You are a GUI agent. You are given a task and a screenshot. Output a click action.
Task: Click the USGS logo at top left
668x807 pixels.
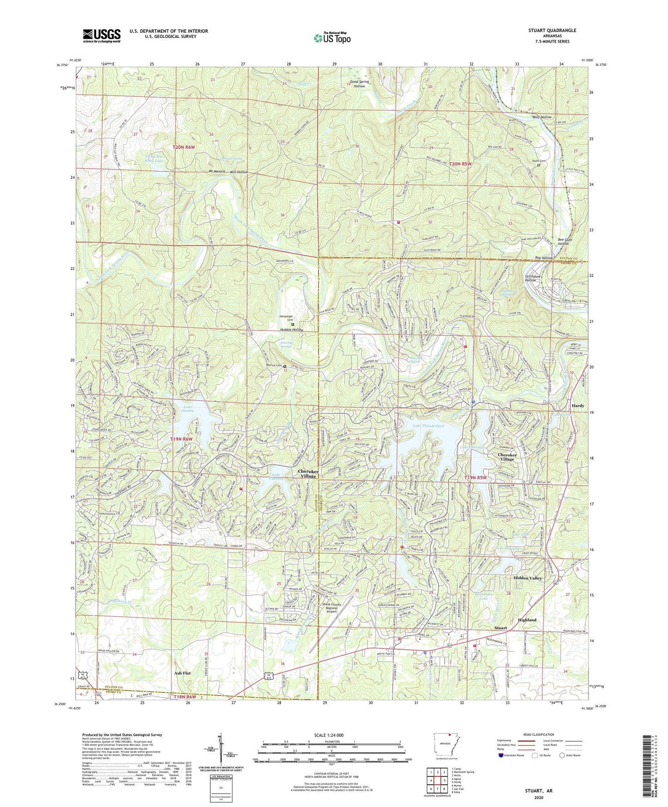(x=101, y=35)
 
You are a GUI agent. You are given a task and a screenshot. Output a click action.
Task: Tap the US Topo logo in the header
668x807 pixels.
(x=332, y=38)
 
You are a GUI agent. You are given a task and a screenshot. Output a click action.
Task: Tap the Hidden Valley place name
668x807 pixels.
(x=527, y=578)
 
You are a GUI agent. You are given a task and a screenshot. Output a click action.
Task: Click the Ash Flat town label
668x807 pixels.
(x=182, y=673)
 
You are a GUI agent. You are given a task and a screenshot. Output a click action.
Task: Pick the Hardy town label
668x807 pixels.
(x=578, y=406)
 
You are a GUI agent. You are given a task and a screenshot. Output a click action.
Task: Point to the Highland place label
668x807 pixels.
(x=527, y=620)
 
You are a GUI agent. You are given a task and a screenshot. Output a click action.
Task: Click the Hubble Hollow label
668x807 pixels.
(x=292, y=330)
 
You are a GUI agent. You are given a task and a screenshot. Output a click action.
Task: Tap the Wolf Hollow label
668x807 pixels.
(x=542, y=117)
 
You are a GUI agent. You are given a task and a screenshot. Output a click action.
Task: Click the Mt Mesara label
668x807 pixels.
(x=217, y=171)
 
